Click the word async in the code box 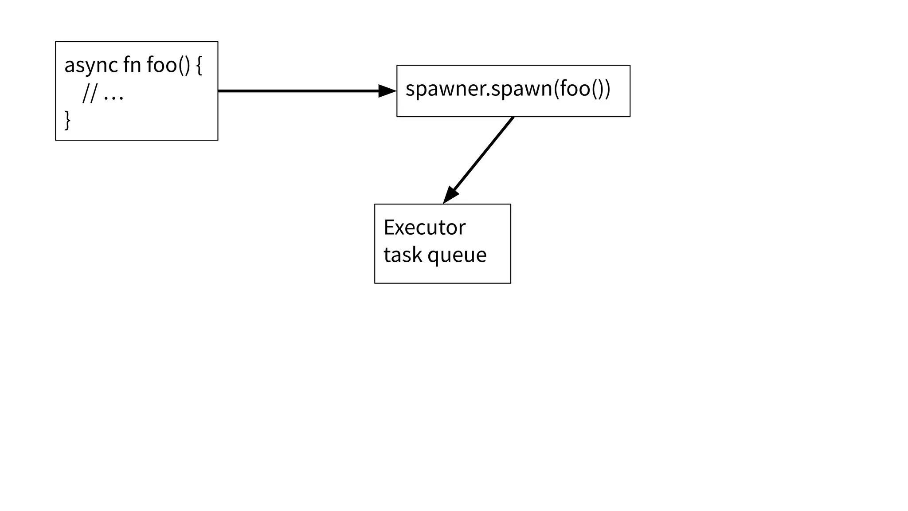click(91, 66)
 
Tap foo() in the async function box click(168, 65)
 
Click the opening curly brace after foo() click(199, 66)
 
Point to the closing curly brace click(67, 120)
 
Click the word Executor click(424, 228)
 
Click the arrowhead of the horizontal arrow click(387, 91)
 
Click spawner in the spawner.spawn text click(446, 90)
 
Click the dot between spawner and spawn click(488, 95)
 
